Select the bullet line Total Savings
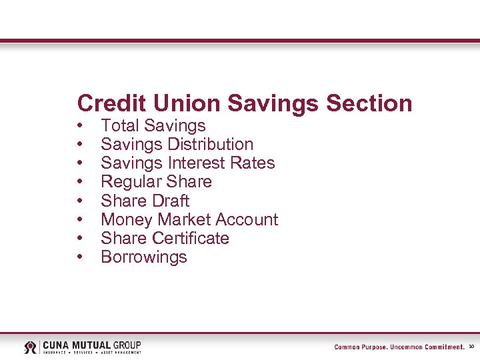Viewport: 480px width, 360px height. [x=153, y=125]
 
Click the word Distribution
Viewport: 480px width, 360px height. [x=211, y=144]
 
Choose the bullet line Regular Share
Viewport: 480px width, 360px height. [x=156, y=181]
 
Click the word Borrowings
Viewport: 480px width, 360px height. [x=144, y=257]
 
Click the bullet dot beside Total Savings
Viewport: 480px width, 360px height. [x=80, y=126]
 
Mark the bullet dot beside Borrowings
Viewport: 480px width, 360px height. [x=80, y=257]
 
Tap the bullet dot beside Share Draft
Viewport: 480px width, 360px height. [x=80, y=201]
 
